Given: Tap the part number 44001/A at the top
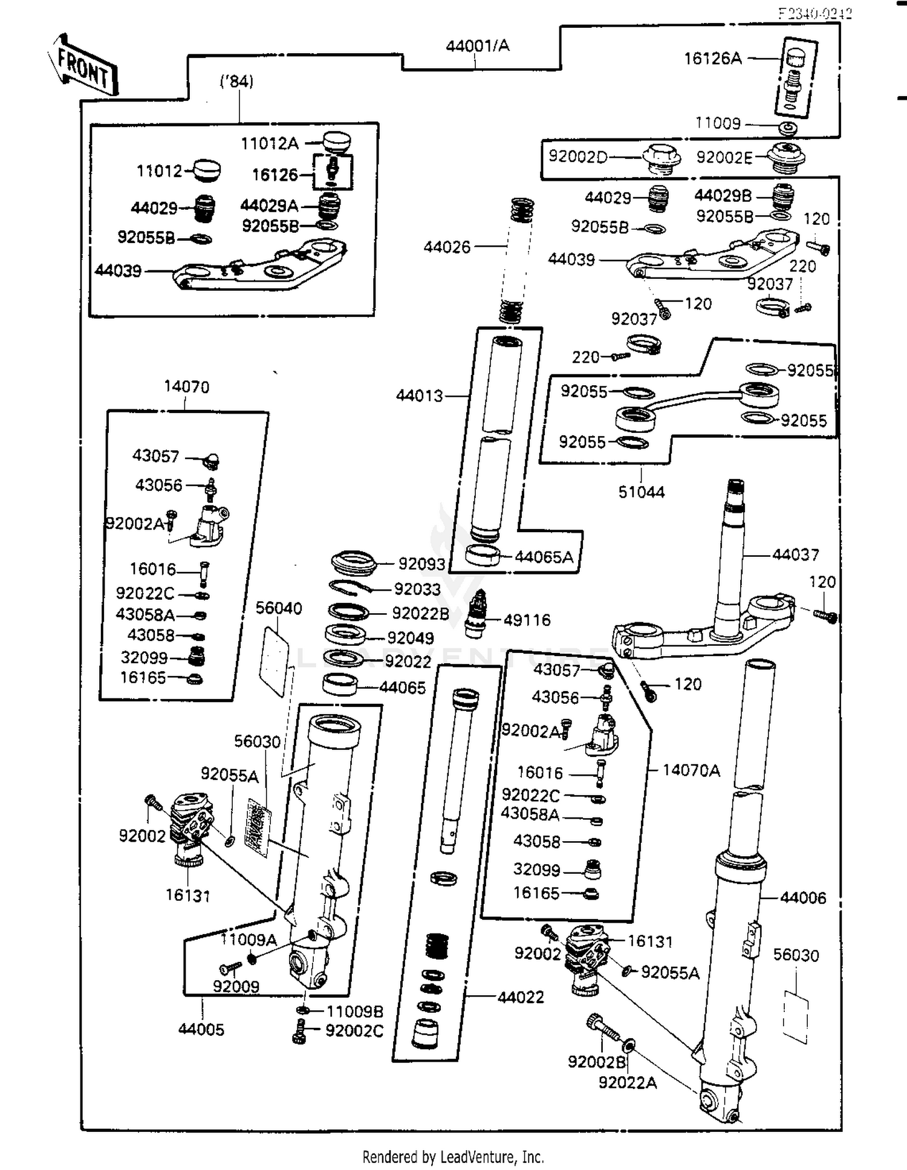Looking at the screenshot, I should pos(477,46).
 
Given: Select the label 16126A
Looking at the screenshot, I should pos(712,59).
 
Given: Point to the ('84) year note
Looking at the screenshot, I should pos(236,81).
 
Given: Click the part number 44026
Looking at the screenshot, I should pos(447,247).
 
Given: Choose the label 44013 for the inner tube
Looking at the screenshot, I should pos(419,395).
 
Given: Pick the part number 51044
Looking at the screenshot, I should pos(641,492).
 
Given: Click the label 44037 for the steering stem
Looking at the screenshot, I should pos(796,554).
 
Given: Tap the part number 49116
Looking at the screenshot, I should pos(527,620).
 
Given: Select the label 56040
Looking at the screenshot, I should pos(279,608).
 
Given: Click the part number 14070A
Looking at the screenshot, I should pos(691,770).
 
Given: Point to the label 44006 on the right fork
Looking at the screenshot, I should pos(802,898).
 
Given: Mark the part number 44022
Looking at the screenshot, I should pos(521,997).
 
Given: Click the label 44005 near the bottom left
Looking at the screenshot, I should pos(201,1029).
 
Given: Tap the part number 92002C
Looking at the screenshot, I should pos(354,1030).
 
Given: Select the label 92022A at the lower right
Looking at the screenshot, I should pos(627,1082).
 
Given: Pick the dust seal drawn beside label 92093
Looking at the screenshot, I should pos(354,562).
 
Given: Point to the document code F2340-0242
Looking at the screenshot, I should pos(814,13).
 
